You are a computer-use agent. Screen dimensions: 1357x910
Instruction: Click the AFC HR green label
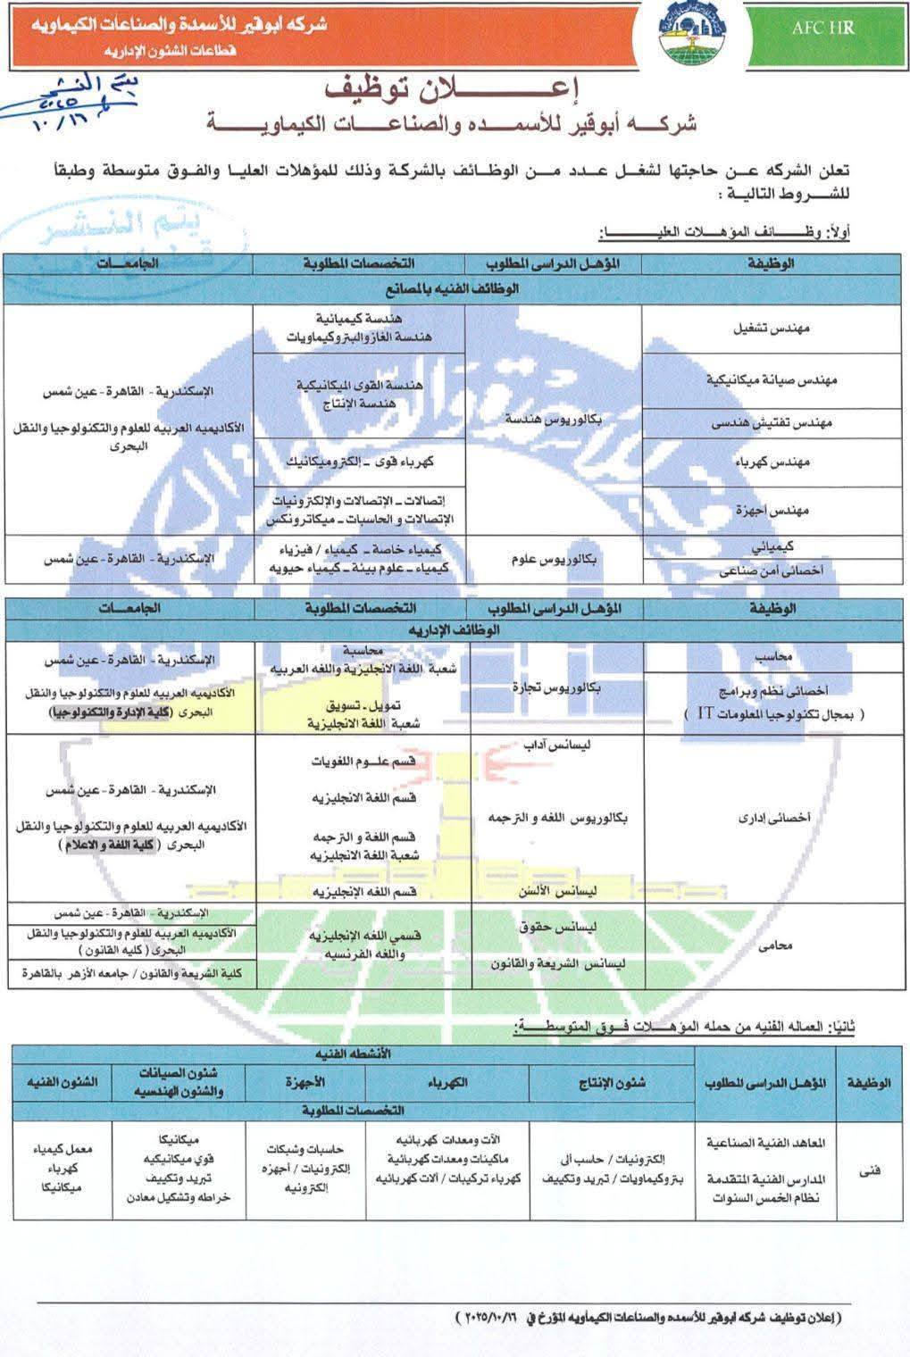[822, 28]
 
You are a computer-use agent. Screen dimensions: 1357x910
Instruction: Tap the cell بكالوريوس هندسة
[554, 419]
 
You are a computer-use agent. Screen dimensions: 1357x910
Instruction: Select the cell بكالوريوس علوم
[554, 558]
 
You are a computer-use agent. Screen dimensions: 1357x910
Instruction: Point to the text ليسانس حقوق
[584, 928]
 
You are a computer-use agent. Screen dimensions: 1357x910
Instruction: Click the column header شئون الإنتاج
[612, 1083]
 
